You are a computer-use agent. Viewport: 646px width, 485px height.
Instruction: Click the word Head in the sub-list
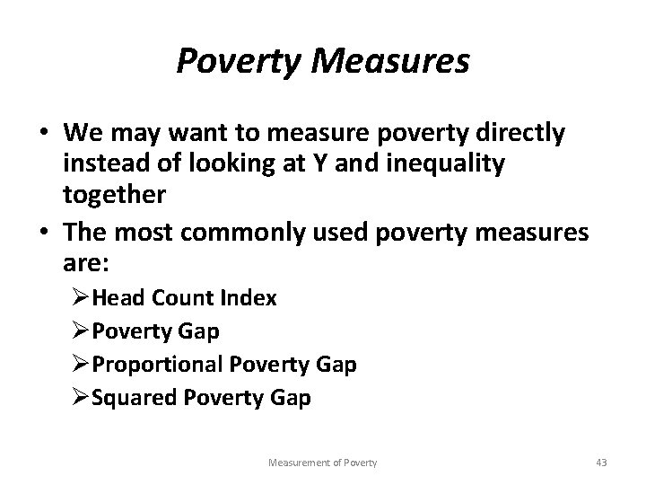click(138, 297)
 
